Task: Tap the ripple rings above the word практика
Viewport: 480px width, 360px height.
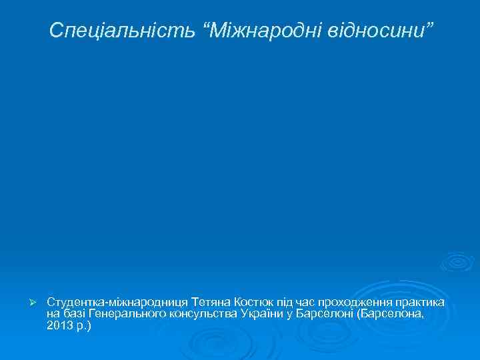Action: [x=457, y=261]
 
